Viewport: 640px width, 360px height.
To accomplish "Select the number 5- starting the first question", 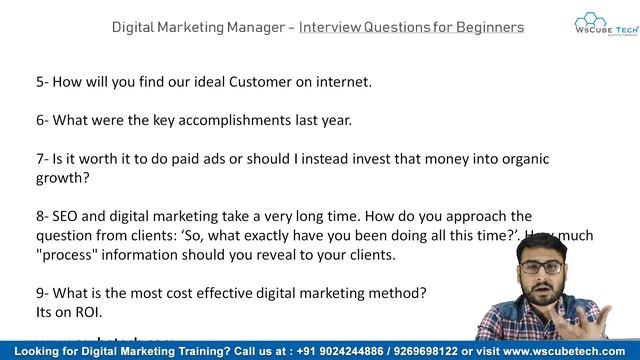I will [41, 82].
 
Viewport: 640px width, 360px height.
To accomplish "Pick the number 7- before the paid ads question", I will [41, 159].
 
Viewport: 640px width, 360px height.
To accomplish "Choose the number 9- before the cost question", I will [41, 293].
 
